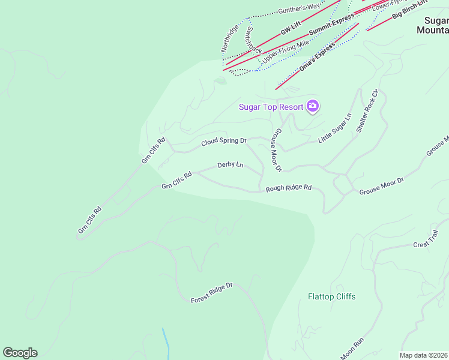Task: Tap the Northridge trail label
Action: tap(229, 37)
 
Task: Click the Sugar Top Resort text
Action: tap(271, 107)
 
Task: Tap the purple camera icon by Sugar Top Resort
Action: tap(313, 106)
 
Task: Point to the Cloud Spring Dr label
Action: tap(224, 142)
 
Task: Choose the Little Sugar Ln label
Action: tap(334, 127)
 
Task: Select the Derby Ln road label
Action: tap(230, 164)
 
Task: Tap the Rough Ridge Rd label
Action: tap(289, 188)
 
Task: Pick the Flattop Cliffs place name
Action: tap(331, 296)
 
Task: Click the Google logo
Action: tap(20, 352)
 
